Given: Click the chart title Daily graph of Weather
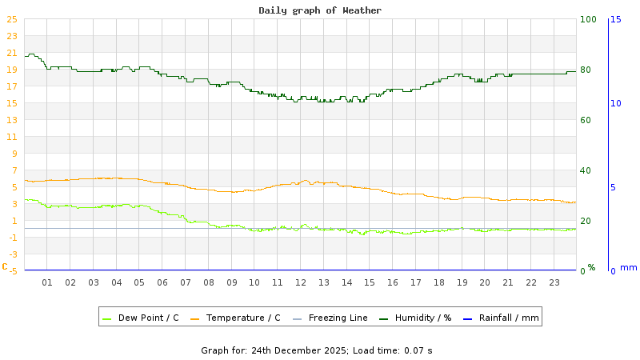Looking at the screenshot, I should point(320,10).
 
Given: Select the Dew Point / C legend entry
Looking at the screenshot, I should point(148,318).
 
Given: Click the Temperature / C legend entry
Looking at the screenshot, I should point(243,318).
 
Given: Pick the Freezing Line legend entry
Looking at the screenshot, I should point(338,318).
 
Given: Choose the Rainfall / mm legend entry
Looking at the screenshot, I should point(509,318).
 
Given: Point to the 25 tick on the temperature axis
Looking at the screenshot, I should point(11,19).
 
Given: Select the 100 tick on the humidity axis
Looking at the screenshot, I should point(588,19).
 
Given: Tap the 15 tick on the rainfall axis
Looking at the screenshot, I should point(616,19).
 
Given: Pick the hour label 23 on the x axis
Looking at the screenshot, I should point(554,282).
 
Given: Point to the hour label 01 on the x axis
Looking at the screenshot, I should point(47,282).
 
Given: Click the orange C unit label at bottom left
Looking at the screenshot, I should point(4,266).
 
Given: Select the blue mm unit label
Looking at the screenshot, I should point(629,267).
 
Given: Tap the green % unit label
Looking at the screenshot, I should point(591,267).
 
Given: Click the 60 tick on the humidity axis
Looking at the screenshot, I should point(586,120).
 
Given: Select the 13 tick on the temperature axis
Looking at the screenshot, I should point(11,120).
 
